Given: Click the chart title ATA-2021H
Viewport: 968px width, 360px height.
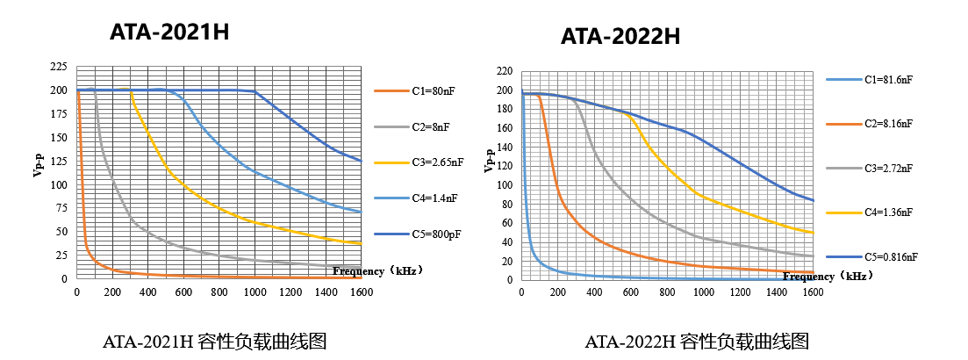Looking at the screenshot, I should pos(169,32).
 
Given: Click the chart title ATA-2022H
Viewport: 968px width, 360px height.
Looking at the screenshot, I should pos(620,37).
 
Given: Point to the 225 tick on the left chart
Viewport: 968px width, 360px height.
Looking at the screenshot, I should pos(58,67).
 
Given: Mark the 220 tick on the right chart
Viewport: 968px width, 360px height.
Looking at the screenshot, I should pos(504,71).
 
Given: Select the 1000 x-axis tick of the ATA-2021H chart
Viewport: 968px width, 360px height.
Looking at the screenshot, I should pos(255,292).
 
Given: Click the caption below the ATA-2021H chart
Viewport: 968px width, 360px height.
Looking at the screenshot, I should pos(215,342).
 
